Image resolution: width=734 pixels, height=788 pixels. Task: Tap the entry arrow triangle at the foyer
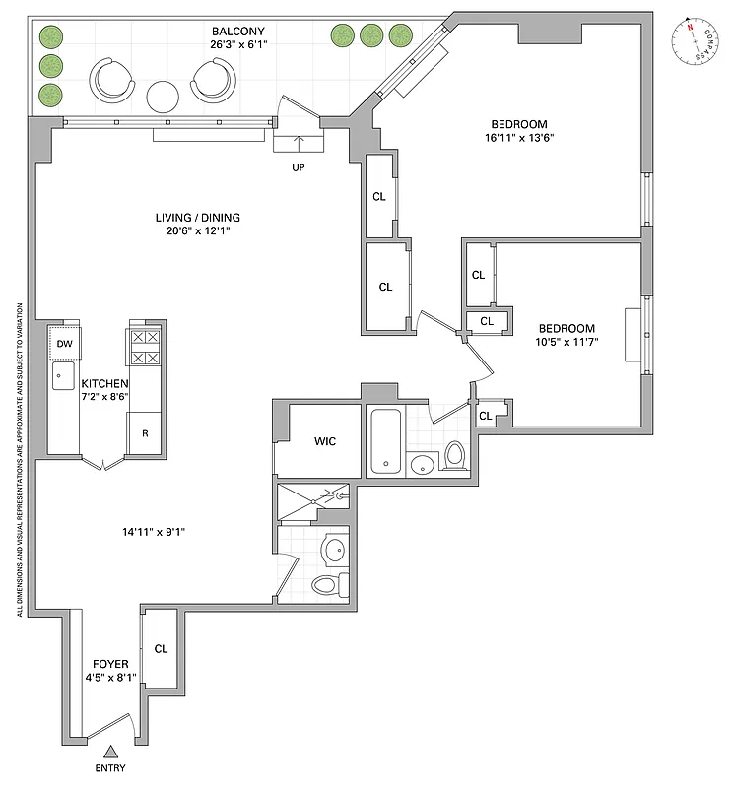(x=109, y=751)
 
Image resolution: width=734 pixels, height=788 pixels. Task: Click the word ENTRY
(x=109, y=768)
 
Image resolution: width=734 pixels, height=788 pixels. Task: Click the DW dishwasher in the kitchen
(x=64, y=343)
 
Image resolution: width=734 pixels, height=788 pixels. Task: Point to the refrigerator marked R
(x=144, y=432)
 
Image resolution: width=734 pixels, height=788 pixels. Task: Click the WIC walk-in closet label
(x=324, y=441)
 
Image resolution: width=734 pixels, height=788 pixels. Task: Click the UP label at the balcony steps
(x=300, y=168)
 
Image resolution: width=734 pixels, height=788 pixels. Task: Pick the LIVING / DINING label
(x=197, y=218)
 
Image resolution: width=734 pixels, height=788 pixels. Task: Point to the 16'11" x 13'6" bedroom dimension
(x=518, y=138)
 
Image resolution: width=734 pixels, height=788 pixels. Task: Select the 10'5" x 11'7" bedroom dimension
(x=566, y=342)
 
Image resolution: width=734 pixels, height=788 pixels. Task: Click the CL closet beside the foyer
(x=161, y=648)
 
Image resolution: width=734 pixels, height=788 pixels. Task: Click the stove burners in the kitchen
(x=146, y=347)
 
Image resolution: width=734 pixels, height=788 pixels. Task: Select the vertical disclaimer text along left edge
(x=20, y=458)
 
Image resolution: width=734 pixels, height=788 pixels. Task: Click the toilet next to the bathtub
(x=454, y=455)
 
